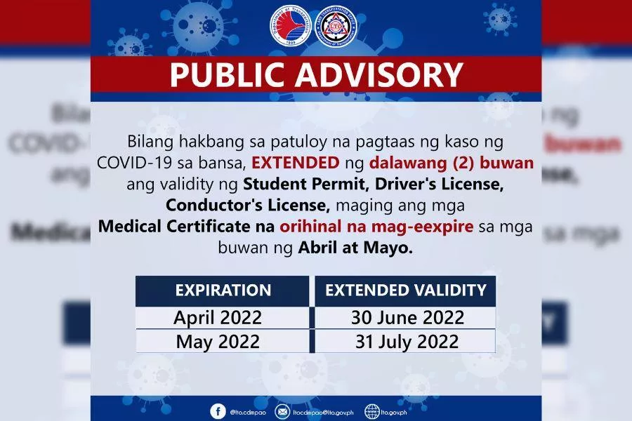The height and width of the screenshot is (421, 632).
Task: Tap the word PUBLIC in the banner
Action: pos(227,75)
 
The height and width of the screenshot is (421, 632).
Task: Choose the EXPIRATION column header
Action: pos(223,290)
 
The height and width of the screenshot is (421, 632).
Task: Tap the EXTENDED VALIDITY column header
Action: pos(405,290)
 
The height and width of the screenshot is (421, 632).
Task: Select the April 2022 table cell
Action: pos(218,317)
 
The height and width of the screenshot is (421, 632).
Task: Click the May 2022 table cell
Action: pos(218,342)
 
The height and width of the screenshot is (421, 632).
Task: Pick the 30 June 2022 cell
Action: pos(407,317)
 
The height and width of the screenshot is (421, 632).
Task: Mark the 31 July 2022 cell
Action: pos(407,342)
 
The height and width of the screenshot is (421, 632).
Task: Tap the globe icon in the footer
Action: pos(372,411)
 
